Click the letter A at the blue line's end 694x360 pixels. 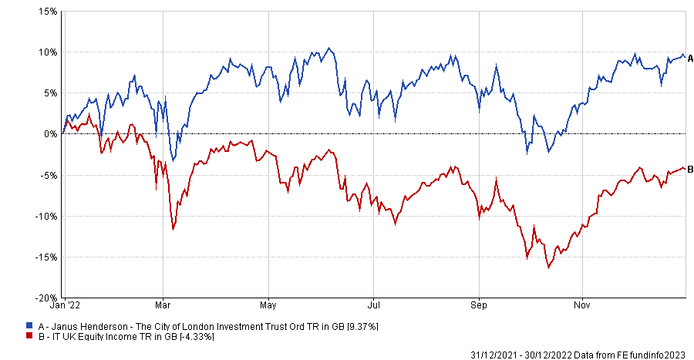click(x=690, y=58)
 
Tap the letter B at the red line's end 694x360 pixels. click(x=690, y=170)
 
